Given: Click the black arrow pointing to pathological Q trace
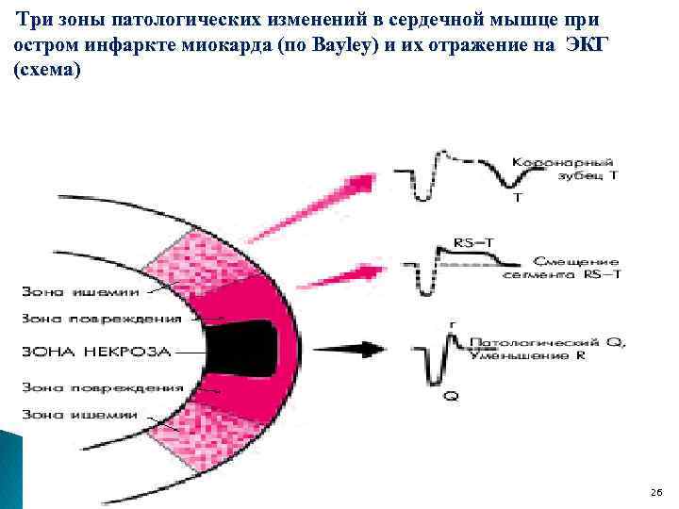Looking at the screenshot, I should click(x=358, y=351).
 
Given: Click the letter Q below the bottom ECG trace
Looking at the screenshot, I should click(x=450, y=397).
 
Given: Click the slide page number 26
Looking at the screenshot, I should click(x=656, y=493).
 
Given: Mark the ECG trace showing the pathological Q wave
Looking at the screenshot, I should click(x=443, y=353).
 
